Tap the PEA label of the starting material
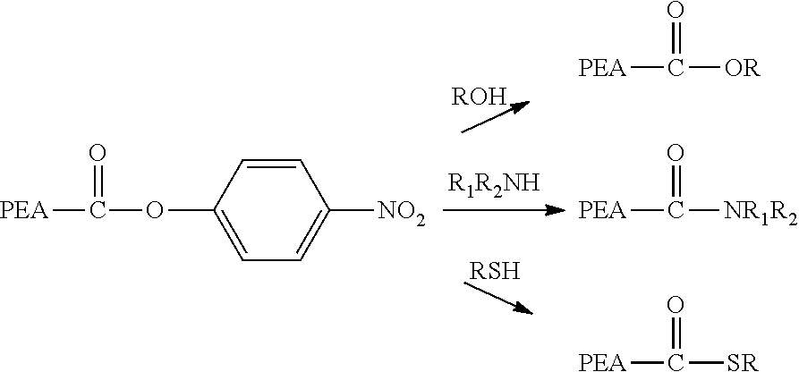24,210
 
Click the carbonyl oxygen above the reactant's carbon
98,152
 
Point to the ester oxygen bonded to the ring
154,210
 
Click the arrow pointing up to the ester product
496,116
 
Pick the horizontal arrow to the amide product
505,210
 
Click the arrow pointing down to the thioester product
497,298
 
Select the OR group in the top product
743,68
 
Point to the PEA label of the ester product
602,68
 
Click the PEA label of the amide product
602,210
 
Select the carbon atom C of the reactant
98,210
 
